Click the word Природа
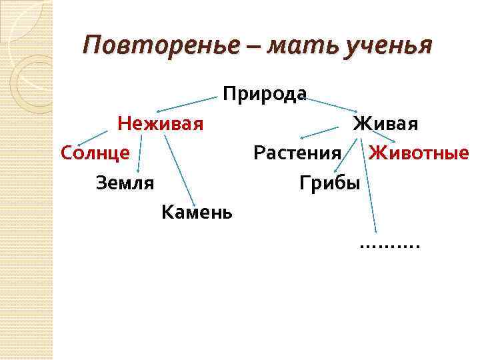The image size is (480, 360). pos(265,94)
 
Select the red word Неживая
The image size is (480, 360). pos(160,124)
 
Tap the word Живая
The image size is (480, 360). pos(385,124)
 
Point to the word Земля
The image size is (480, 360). pos(125,182)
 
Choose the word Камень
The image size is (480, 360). pos(197,213)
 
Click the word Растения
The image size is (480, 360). pos(297,153)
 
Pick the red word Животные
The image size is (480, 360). pos(419,153)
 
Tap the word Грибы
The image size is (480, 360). pos(329,182)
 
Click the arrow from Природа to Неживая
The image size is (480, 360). pos(186,103)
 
